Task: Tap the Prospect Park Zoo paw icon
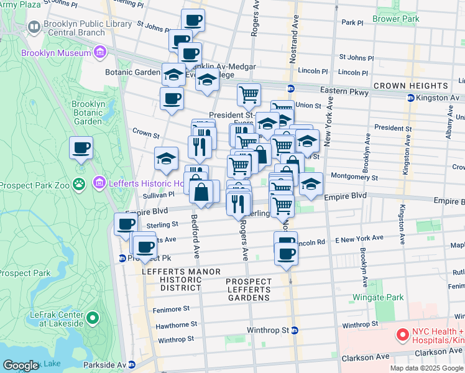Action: point(79,184)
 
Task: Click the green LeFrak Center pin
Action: point(93,319)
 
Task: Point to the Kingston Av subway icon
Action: point(410,98)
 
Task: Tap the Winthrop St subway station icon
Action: point(295,330)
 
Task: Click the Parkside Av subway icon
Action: point(132,365)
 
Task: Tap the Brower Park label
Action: point(396,19)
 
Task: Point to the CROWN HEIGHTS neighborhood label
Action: point(411,85)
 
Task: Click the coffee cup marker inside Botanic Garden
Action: point(81,149)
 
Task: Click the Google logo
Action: point(21,366)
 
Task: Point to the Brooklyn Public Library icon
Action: point(34,27)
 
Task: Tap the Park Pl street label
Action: point(352,22)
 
